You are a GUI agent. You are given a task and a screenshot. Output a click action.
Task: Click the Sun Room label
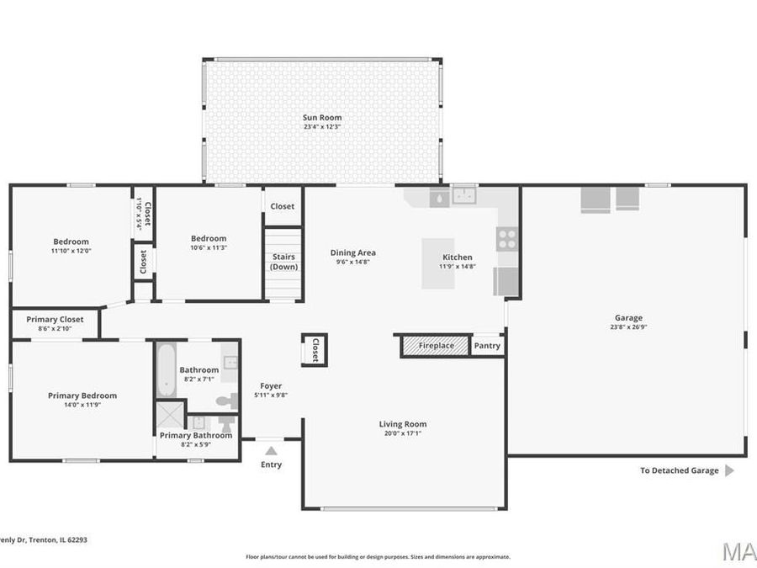(322, 118)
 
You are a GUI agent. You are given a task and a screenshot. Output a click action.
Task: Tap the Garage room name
(628, 318)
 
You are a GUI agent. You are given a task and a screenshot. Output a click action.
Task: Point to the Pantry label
(487, 346)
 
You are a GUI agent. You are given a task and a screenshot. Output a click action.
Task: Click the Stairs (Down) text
(283, 262)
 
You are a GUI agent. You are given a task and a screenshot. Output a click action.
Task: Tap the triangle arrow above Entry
(271, 451)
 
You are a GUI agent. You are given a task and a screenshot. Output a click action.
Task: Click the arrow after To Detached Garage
(729, 470)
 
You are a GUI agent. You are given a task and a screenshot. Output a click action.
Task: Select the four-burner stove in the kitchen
(506, 239)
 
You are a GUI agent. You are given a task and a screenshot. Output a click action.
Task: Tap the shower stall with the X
(168, 417)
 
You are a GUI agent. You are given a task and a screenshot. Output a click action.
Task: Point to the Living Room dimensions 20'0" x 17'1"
(403, 434)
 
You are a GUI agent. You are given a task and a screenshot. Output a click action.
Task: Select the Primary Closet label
(55, 320)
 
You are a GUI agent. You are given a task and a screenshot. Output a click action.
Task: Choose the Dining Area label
(352, 252)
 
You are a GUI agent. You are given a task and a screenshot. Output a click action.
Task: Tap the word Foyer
(271, 386)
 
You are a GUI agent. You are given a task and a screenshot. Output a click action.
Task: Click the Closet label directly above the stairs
(283, 206)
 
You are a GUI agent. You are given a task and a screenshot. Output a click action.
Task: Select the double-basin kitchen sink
(464, 196)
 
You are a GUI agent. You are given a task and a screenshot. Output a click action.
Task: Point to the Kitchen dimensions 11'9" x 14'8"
(458, 267)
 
